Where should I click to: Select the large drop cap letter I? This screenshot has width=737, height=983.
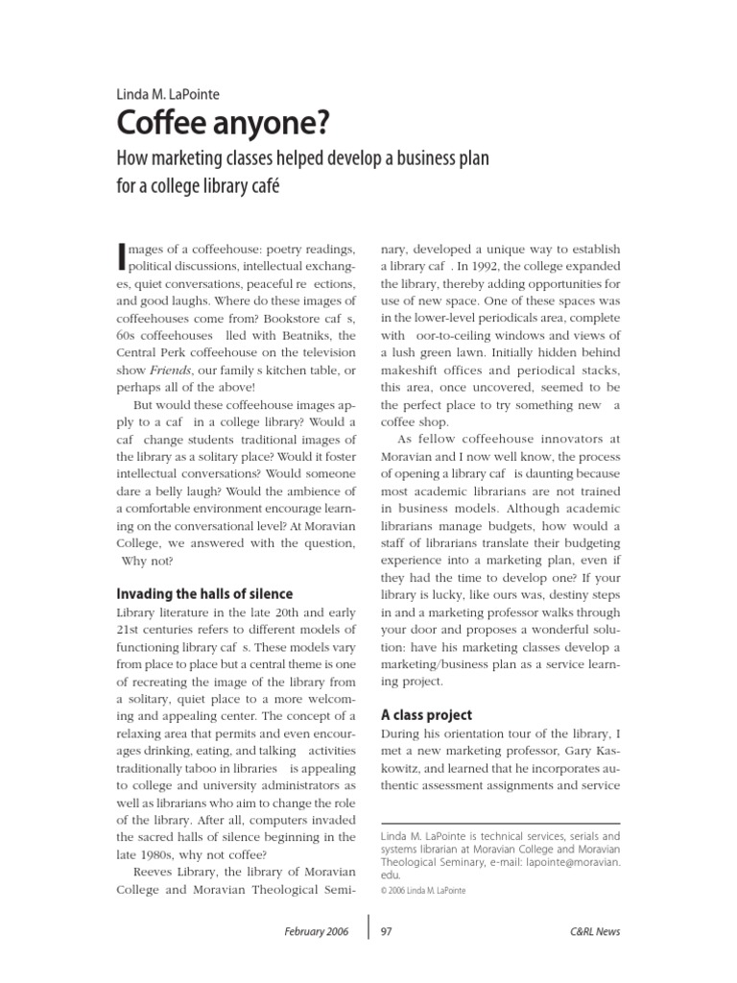(x=120, y=253)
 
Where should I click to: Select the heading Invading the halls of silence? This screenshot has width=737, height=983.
(x=204, y=594)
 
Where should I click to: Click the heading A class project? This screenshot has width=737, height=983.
(x=428, y=714)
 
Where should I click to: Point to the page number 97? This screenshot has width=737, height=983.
(x=388, y=931)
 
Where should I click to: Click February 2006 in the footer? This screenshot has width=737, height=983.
(x=316, y=931)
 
